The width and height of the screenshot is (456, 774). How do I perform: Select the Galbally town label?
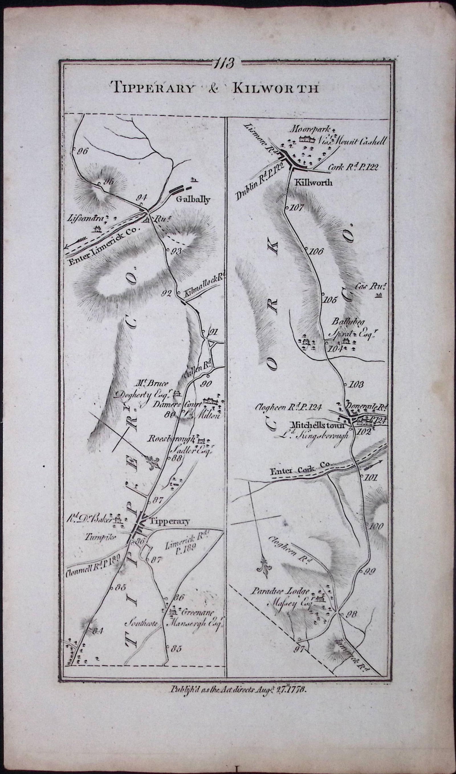pyautogui.click(x=193, y=200)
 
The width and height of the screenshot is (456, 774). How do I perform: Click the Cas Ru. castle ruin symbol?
pyautogui.click(x=378, y=296)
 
